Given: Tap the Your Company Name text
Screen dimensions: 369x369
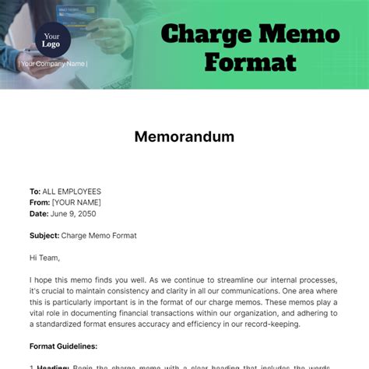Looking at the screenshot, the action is (54, 64).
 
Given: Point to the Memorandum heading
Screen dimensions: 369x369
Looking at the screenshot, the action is (184, 137).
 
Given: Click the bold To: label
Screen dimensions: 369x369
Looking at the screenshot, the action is (35, 192).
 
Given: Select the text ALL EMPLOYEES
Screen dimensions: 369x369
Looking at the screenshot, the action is (72, 192).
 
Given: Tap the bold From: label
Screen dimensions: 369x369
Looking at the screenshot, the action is (40, 202).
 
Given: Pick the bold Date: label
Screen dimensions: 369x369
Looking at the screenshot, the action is (40, 213).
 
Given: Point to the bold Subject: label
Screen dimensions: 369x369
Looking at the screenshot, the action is (45, 235).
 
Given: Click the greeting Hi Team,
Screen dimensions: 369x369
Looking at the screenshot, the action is (44, 258).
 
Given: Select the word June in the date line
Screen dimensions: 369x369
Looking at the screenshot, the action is (61, 213).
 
